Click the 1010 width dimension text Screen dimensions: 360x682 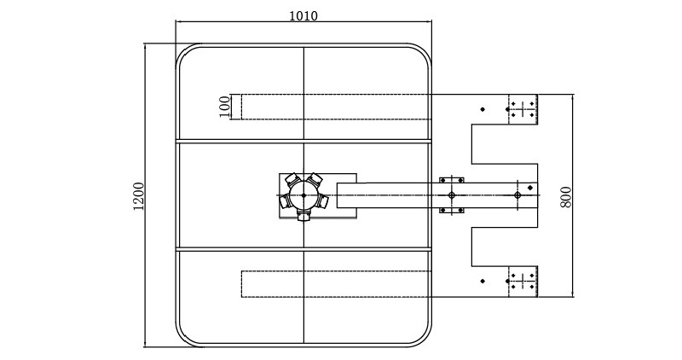tap(303, 16)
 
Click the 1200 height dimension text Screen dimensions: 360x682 tap(139, 196)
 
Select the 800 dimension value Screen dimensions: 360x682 tap(566, 195)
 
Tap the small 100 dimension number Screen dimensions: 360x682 tap(225, 107)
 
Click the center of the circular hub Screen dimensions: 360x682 tap(303, 195)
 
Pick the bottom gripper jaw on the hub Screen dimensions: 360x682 tap(303, 215)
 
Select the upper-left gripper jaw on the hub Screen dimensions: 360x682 tap(292, 179)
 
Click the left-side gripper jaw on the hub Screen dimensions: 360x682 tap(285, 201)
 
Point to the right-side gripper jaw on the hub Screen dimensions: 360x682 tap(323, 201)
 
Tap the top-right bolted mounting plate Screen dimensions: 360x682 tap(523, 109)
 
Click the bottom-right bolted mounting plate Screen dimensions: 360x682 tap(523, 282)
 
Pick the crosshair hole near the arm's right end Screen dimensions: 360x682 tap(517, 195)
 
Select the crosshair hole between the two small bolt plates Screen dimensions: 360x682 tap(451, 195)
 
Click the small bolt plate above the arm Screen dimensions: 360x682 tap(451, 180)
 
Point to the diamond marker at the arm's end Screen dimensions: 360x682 tap(529, 188)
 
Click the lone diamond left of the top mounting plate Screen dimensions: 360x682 tap(483, 109)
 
